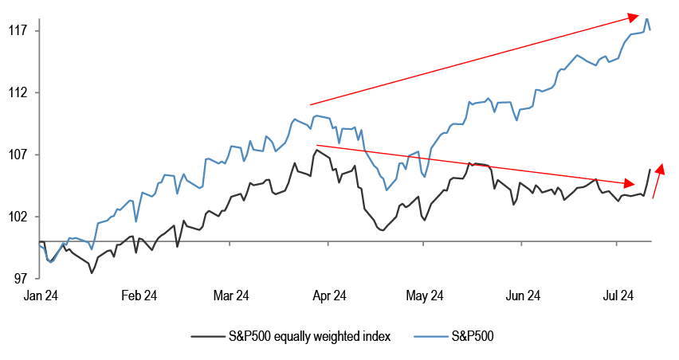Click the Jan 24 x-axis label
pyautogui.click(x=41, y=296)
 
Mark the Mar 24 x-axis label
pyautogui.click(x=232, y=296)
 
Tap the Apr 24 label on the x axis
pyautogui.click(x=328, y=296)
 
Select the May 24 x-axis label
pyautogui.click(x=424, y=296)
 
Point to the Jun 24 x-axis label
pyautogui.click(x=523, y=296)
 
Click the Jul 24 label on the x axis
pyautogui.click(x=618, y=296)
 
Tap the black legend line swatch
pyautogui.click(x=206, y=336)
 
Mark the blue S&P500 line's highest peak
pyautogui.click(x=647, y=18)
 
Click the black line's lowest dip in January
pyautogui.click(x=92, y=273)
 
